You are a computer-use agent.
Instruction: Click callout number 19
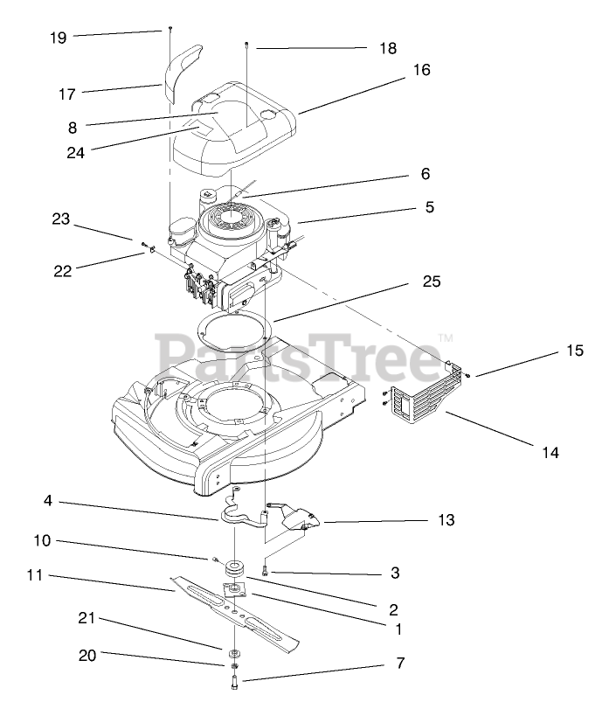pos(58,38)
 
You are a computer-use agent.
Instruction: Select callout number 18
pos(387,49)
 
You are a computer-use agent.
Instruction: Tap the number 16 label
pos(422,71)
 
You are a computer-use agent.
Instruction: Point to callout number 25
pos(431,282)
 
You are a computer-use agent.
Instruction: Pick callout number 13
pos(445,520)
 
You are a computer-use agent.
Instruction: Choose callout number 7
pos(400,664)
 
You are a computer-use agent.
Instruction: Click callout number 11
pos(34,575)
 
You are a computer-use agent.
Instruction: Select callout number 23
pos(59,220)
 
